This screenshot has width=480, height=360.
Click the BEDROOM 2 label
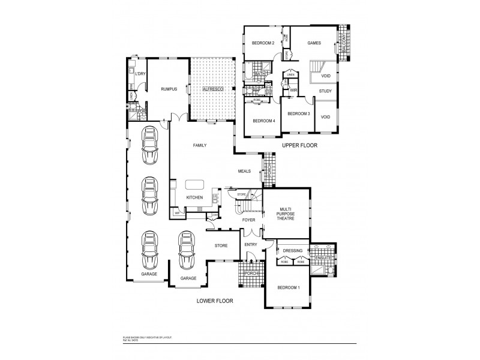(x=263, y=43)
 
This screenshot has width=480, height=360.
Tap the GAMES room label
(x=314, y=43)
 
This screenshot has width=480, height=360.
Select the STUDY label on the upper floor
(x=325, y=91)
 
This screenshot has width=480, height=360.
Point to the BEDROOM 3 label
(x=298, y=113)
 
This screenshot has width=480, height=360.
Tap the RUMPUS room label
(x=169, y=89)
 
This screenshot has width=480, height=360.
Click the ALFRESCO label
(x=212, y=89)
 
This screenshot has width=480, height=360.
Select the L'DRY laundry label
(x=140, y=74)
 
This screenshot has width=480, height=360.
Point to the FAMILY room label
(x=199, y=146)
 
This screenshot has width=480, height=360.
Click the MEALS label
(x=244, y=171)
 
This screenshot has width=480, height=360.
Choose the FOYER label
(x=249, y=220)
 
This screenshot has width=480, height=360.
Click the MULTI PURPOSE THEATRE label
(x=285, y=214)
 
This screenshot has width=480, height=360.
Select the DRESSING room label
(x=292, y=251)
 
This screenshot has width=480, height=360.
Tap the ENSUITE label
(x=323, y=258)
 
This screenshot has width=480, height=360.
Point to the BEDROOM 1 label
(x=288, y=288)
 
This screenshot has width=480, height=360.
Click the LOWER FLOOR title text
(x=215, y=301)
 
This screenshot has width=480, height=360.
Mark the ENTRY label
(x=251, y=245)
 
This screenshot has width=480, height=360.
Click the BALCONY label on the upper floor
(x=344, y=43)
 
